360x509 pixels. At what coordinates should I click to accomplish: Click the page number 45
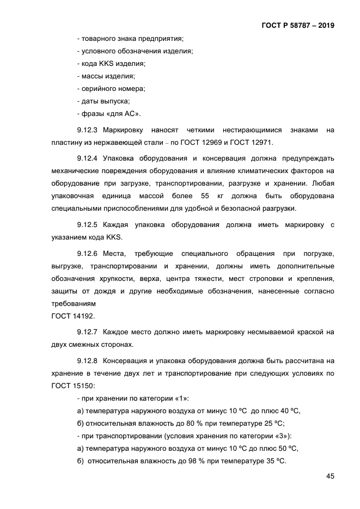point(330,476)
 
